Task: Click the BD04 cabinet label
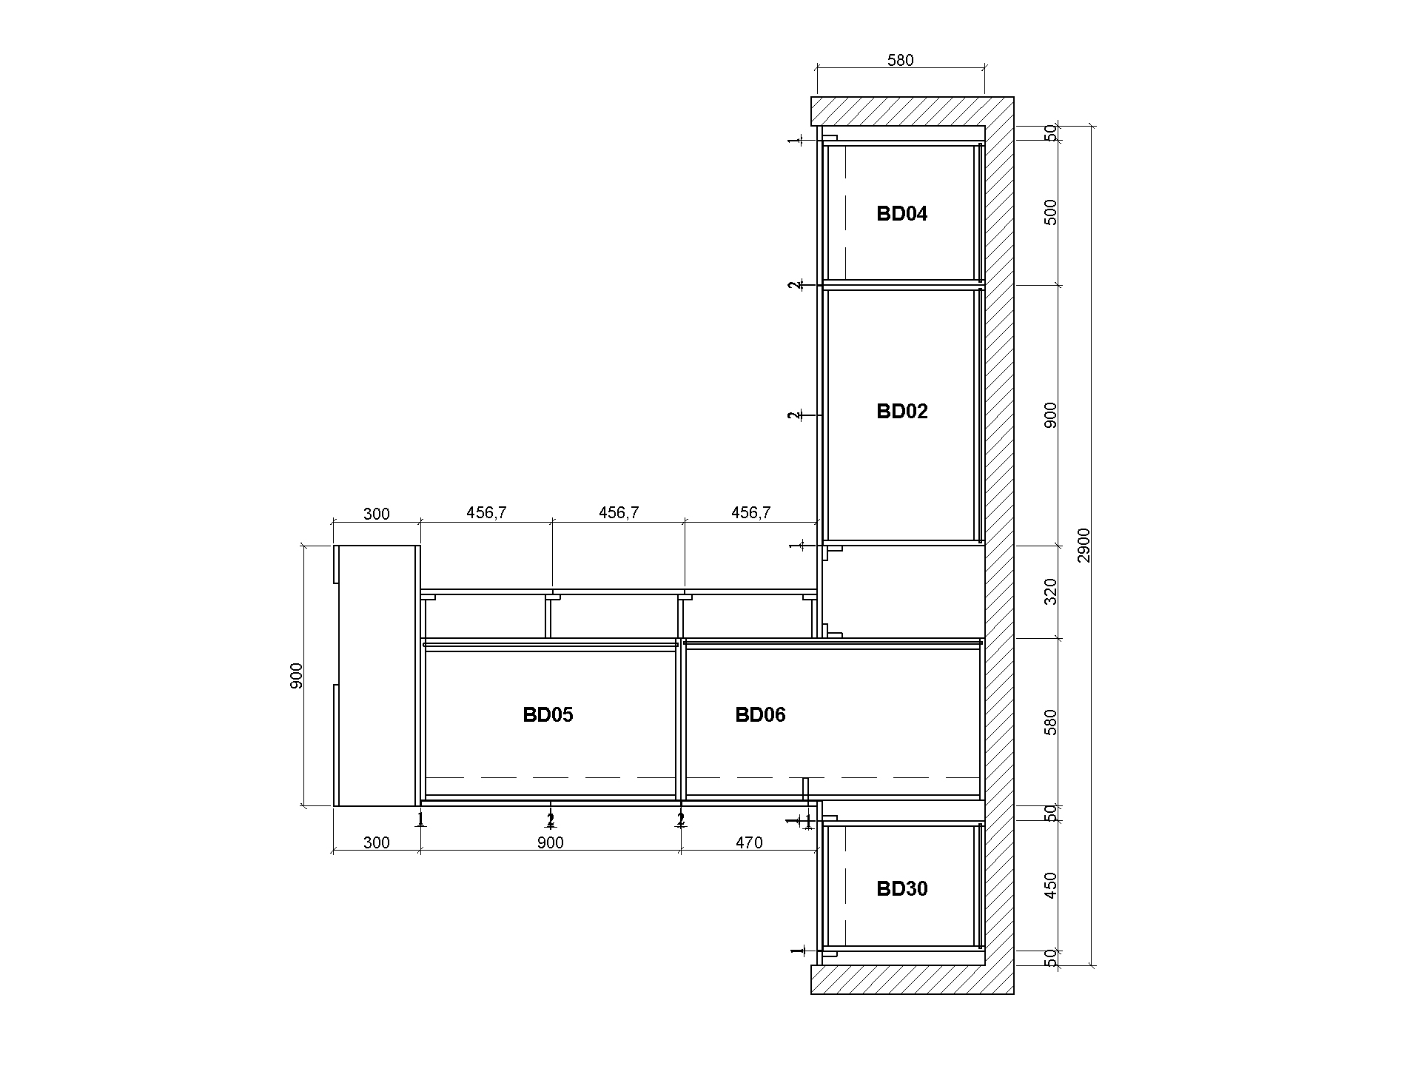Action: coord(901,214)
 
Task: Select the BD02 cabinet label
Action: coord(901,412)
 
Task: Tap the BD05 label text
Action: coord(548,715)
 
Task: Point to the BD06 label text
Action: coord(760,715)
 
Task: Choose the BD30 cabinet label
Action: coord(901,889)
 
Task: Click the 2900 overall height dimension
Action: coord(1084,545)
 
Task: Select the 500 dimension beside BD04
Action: coord(1050,212)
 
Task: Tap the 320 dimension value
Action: coord(1050,591)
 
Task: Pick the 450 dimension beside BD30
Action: coord(1050,885)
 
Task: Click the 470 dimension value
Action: coord(749,842)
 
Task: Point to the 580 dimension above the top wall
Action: coord(901,61)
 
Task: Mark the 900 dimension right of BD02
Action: coord(1050,415)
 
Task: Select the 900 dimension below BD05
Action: coord(550,842)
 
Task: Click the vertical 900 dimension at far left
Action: coord(296,676)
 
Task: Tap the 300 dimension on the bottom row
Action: coord(376,842)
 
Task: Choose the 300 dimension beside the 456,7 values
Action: coord(376,514)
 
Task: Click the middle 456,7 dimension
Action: coord(618,512)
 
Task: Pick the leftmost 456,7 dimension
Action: coord(486,512)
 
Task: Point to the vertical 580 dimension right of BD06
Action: coord(1050,723)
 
